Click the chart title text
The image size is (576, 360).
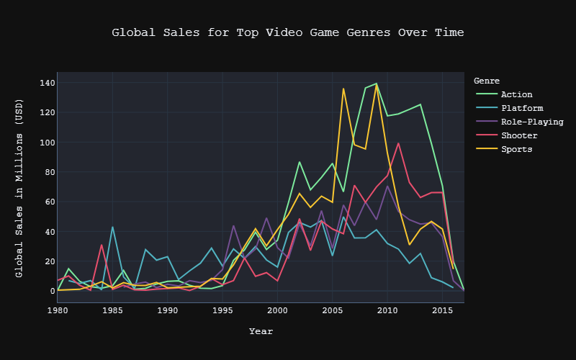click(x=287, y=32)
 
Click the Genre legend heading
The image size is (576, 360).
click(x=487, y=81)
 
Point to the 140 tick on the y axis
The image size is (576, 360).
click(x=48, y=83)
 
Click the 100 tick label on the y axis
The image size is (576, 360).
click(x=48, y=142)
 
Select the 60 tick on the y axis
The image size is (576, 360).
click(x=50, y=202)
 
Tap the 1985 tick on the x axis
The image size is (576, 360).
click(x=112, y=311)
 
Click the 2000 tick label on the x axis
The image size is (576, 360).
click(x=277, y=311)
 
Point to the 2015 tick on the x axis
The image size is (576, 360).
click(x=442, y=311)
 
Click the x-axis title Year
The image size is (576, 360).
click(x=261, y=331)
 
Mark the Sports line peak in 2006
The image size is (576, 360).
click(x=343, y=89)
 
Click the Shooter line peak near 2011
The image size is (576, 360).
click(x=398, y=143)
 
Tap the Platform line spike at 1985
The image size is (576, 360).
click(x=112, y=227)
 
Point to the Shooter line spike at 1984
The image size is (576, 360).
click(x=102, y=245)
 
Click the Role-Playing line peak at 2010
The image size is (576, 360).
click(x=387, y=186)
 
